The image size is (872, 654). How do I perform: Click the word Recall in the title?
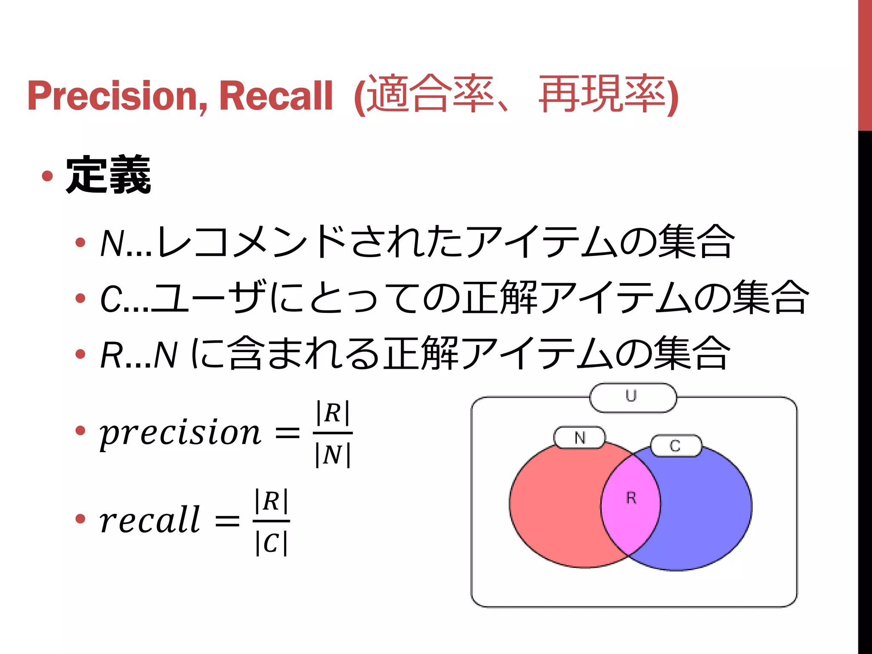point(275,96)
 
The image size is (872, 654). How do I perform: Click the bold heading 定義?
point(108,175)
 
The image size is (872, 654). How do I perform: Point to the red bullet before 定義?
point(47,176)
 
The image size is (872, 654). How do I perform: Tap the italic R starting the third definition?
point(111,355)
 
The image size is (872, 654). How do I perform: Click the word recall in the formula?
point(149,520)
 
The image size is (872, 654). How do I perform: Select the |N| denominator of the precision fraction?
point(333,455)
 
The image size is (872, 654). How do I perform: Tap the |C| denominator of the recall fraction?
point(271,543)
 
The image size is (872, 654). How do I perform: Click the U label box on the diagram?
point(632,397)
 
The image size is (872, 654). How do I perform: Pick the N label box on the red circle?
point(579,438)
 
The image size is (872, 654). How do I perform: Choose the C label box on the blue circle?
point(675,446)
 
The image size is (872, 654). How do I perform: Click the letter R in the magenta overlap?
point(631,498)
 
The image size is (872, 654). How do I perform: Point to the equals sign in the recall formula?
point(227,520)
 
